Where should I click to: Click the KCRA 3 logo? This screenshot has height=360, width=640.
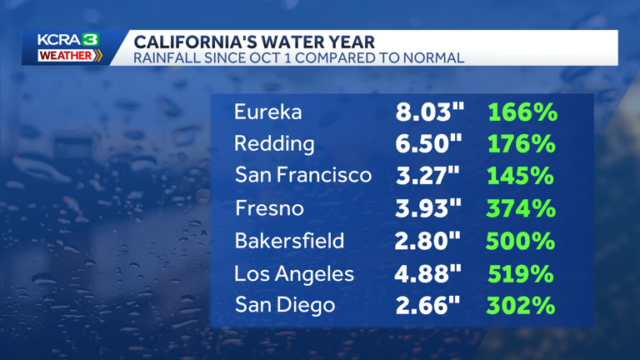click(68, 40)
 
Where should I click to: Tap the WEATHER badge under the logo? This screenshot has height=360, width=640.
click(70, 56)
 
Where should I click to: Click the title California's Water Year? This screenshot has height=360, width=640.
click(254, 42)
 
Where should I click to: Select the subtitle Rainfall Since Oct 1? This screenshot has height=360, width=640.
click(299, 57)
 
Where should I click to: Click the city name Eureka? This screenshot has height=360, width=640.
click(267, 112)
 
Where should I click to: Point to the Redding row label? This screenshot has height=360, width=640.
click(274, 143)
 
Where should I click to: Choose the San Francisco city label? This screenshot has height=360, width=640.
click(302, 176)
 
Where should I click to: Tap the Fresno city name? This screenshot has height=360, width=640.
click(269, 208)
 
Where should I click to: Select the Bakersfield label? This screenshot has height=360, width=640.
click(289, 241)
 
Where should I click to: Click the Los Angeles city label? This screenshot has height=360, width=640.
click(294, 273)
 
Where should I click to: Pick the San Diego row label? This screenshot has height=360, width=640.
click(285, 305)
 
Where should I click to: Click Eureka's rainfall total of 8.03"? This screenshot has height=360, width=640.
click(428, 112)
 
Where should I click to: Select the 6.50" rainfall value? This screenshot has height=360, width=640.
click(428, 143)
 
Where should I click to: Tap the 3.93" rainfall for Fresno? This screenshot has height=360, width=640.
click(428, 208)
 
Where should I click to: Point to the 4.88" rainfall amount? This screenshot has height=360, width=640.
click(428, 273)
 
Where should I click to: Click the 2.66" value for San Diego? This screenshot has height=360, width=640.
click(428, 305)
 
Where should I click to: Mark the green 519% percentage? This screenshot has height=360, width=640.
click(521, 273)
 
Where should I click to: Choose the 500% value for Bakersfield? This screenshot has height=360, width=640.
click(521, 241)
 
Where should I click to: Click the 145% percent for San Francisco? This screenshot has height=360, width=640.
click(521, 176)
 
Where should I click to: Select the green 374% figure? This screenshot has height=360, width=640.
click(521, 208)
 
